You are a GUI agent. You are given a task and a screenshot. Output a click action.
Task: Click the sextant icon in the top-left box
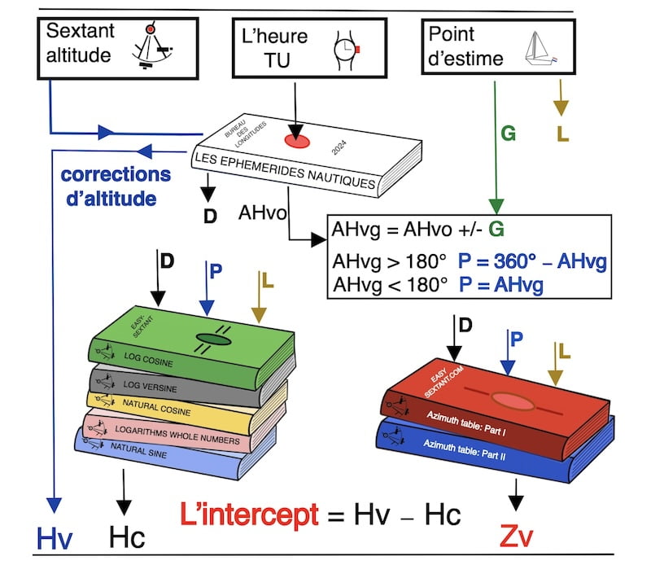click(x=155, y=46)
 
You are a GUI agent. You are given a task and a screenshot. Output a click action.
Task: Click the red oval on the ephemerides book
click(x=296, y=140)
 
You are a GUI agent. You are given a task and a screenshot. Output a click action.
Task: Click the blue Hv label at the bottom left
click(x=55, y=537)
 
